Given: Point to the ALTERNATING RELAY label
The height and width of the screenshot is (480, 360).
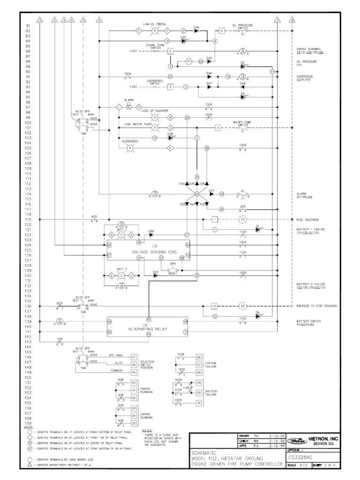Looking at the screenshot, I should tap(148, 330).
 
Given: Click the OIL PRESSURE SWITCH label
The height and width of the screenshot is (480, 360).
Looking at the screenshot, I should tap(242, 27).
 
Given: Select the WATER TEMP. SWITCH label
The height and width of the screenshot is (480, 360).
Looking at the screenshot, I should tap(242, 124).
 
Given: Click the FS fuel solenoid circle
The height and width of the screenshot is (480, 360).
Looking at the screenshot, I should tap(242, 219).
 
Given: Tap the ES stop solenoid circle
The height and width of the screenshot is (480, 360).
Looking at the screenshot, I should tap(242, 306).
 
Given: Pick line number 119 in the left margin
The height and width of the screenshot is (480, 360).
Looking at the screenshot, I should tap(28, 219).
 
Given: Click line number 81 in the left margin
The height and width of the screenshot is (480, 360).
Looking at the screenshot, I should tap(28, 25).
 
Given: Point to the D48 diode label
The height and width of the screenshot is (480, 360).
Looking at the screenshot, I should tap(196, 27).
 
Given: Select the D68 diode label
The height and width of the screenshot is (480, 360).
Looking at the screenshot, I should tap(151, 231).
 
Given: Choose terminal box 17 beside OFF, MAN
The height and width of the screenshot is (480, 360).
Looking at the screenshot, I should tap(134, 357).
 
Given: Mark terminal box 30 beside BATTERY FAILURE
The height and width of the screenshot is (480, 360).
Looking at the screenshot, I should tap(199, 393).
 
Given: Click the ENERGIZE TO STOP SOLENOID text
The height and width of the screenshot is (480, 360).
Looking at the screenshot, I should tap(316, 306).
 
